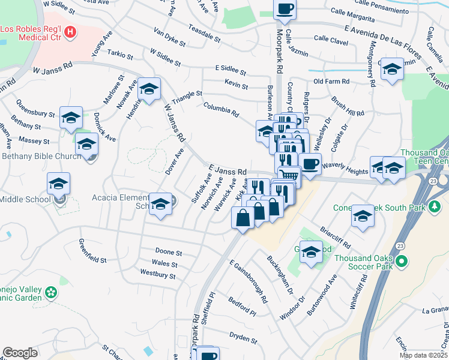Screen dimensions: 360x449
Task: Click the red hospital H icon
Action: [71, 31]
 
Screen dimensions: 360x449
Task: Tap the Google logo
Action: [20, 353]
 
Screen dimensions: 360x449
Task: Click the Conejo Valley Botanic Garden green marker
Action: [52, 292]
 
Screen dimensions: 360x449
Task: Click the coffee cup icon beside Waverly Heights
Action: [310, 164]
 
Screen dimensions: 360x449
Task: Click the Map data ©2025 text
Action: [423, 355]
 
